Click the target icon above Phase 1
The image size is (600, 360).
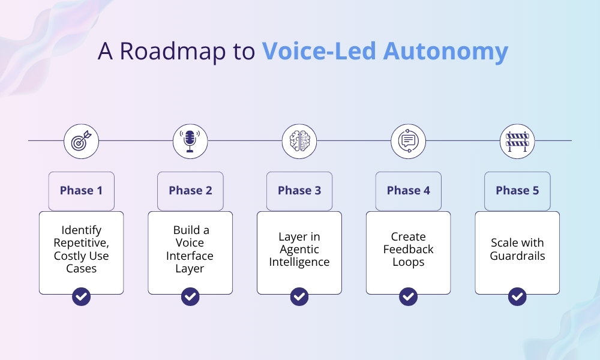pyautogui.click(x=81, y=142)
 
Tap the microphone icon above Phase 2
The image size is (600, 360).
pyautogui.click(x=190, y=142)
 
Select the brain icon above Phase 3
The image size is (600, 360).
pyautogui.click(x=299, y=142)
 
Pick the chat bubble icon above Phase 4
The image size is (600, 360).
pyautogui.click(x=408, y=142)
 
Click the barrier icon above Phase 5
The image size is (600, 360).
pyautogui.click(x=517, y=142)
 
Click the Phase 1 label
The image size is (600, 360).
pyautogui.click(x=81, y=191)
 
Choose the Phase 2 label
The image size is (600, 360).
pyautogui.click(x=190, y=191)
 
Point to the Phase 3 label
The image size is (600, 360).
pyautogui.click(x=299, y=191)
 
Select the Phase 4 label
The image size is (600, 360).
pyautogui.click(x=408, y=191)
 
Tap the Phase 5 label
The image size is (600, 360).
pyautogui.click(x=517, y=191)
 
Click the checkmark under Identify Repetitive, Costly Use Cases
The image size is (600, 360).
pyautogui.click(x=81, y=296)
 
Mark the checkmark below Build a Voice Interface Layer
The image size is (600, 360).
pyautogui.click(x=190, y=296)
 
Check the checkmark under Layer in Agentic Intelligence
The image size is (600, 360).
pyautogui.click(x=299, y=296)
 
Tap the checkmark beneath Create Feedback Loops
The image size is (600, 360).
pyautogui.click(x=408, y=296)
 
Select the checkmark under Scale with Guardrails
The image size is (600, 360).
pyautogui.click(x=517, y=296)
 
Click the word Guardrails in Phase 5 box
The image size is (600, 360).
pyautogui.click(x=517, y=256)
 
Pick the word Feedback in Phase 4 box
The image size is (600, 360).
pyautogui.click(x=408, y=250)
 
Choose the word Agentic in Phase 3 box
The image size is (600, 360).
pyautogui.click(x=299, y=250)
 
